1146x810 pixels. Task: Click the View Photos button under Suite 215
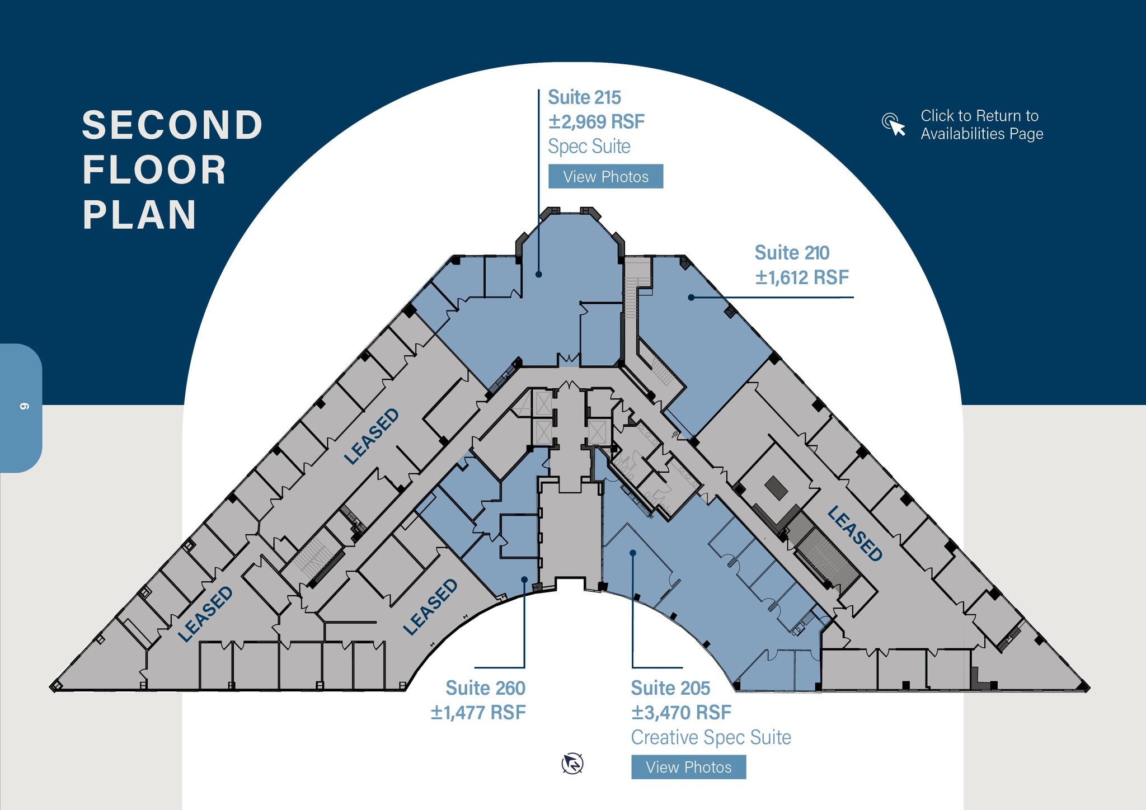[x=605, y=176]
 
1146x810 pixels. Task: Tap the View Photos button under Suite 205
[x=688, y=767]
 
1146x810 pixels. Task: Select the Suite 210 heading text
[x=792, y=253]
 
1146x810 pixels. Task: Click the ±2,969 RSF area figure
[x=597, y=121]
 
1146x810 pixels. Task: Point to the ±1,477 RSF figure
[x=478, y=713]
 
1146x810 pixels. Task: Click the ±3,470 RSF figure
[x=681, y=713]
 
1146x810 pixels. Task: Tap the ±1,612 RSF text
[x=802, y=277]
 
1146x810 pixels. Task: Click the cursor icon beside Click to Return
[x=894, y=124]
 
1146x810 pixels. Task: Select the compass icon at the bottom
[x=572, y=764]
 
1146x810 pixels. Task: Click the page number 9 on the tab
[x=24, y=406]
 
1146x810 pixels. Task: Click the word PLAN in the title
[x=140, y=215]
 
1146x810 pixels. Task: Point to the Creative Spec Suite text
[x=711, y=737]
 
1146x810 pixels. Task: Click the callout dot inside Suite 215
[x=538, y=274]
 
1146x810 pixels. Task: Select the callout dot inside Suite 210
[x=691, y=298]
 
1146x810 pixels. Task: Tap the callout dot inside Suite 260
[x=524, y=580]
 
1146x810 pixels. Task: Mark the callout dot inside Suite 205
[x=633, y=553]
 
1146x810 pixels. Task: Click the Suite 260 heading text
[x=485, y=688]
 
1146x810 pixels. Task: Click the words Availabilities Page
[x=981, y=134]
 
